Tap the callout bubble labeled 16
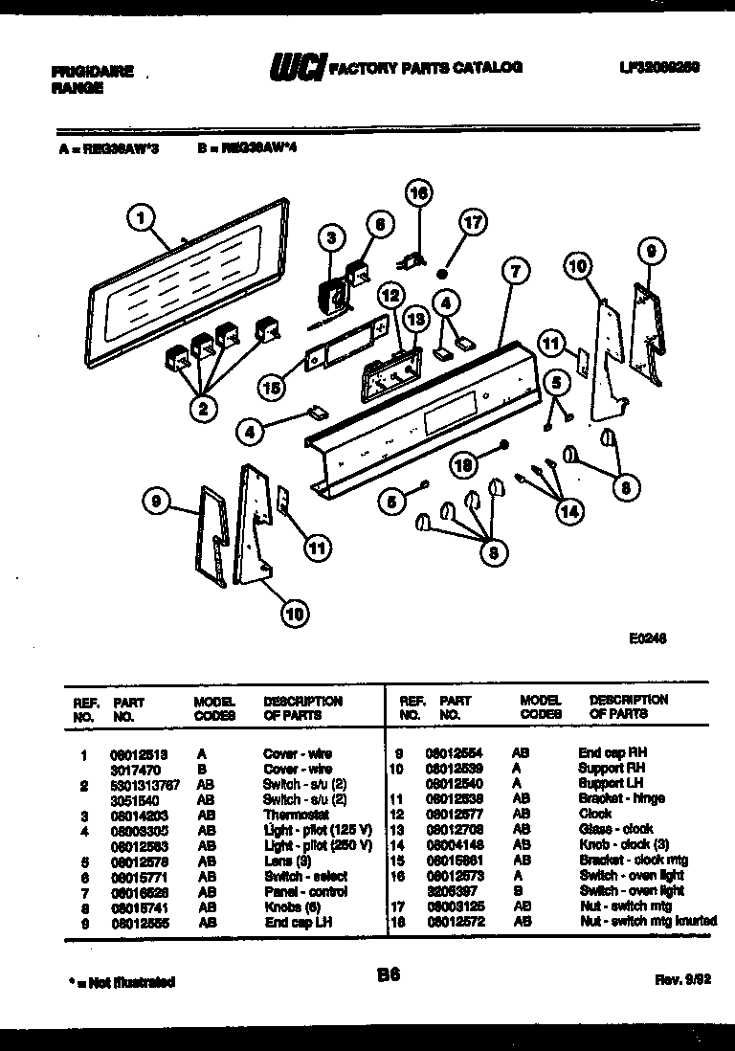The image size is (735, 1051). point(418,193)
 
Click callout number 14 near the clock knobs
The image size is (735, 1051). point(568,511)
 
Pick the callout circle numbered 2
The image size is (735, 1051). point(203,409)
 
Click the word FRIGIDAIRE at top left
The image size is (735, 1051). point(92,71)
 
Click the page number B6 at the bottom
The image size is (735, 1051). point(388,975)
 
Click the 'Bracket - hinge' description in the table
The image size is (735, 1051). point(621,798)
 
